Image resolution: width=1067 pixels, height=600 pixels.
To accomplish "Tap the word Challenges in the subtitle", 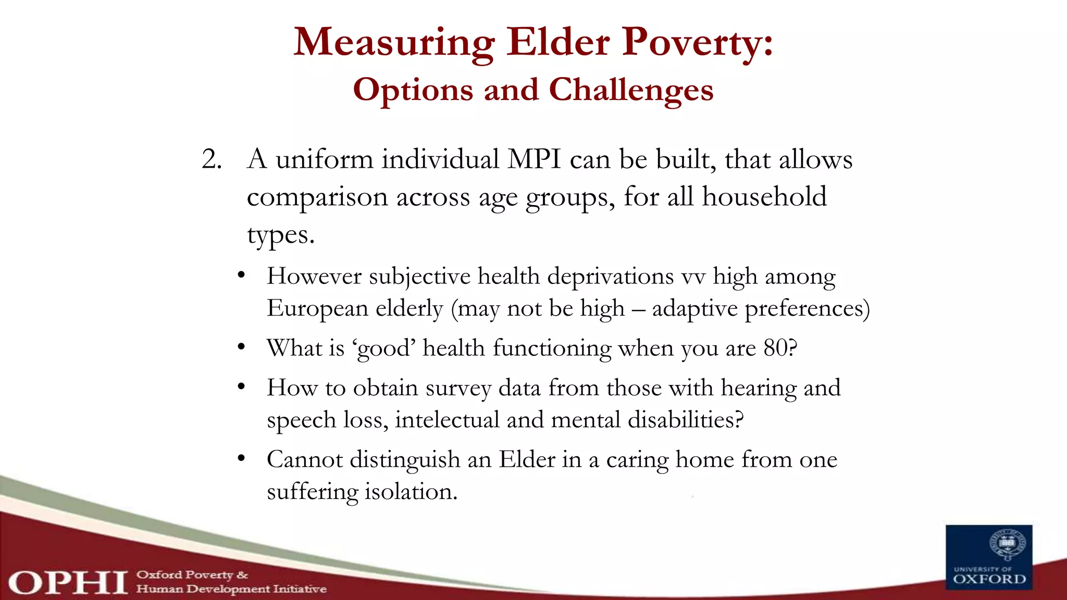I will pos(631,90).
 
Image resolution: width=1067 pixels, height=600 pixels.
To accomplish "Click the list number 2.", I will pos(211,159).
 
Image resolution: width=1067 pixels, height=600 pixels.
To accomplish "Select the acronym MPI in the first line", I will pos(534,159).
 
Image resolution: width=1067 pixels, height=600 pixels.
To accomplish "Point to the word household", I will pos(764,197).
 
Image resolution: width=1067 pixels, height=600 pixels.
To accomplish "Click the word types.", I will pos(280,235).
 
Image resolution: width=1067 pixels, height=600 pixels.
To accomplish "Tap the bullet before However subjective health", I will pos(241,275).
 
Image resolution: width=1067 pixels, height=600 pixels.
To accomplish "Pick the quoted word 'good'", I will pos(383,348).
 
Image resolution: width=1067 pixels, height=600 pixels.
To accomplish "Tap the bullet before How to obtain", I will pos(241,387).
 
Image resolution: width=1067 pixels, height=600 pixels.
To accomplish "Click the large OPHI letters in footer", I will pos(68,582).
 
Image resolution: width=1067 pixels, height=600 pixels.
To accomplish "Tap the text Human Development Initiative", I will pos(231,589).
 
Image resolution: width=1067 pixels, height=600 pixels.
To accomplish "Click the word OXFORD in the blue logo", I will pos(989,579).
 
